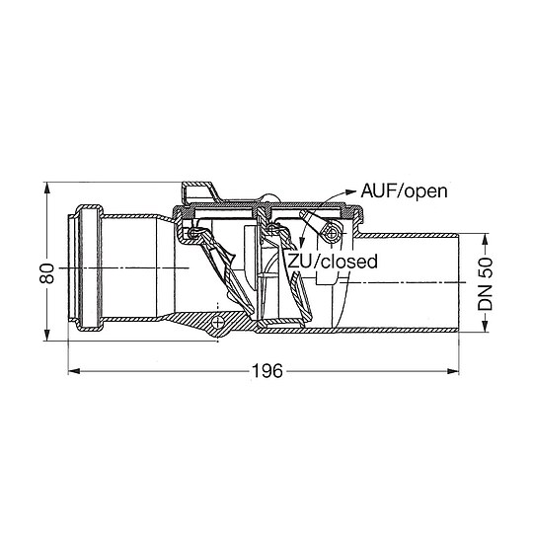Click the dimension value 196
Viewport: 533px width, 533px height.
click(266, 371)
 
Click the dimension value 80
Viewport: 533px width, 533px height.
click(47, 273)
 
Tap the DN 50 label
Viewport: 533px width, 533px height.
click(485, 284)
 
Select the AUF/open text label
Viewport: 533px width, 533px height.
click(404, 191)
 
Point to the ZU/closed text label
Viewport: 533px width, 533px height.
click(333, 262)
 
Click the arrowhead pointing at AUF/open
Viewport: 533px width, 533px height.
click(350, 191)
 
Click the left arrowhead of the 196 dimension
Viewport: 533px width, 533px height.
click(74, 371)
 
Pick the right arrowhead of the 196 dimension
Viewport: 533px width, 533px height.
click(453, 371)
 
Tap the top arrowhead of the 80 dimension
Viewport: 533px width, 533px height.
click(47, 189)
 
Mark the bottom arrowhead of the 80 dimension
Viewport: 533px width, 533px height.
click(47, 335)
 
